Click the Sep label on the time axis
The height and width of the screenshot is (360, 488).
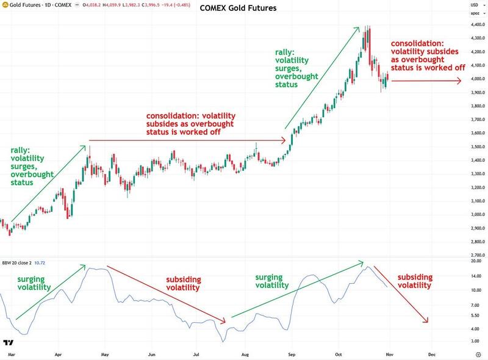tap(292, 353)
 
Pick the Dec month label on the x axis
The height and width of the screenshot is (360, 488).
tap(431, 353)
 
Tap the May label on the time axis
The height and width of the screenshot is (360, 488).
tap(104, 353)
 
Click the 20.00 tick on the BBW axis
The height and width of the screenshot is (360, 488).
tap(469, 261)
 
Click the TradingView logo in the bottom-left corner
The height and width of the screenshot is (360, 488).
tap(9, 343)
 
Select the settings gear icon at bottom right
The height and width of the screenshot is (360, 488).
tap(478, 353)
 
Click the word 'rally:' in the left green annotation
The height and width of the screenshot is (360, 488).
tap(20, 150)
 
